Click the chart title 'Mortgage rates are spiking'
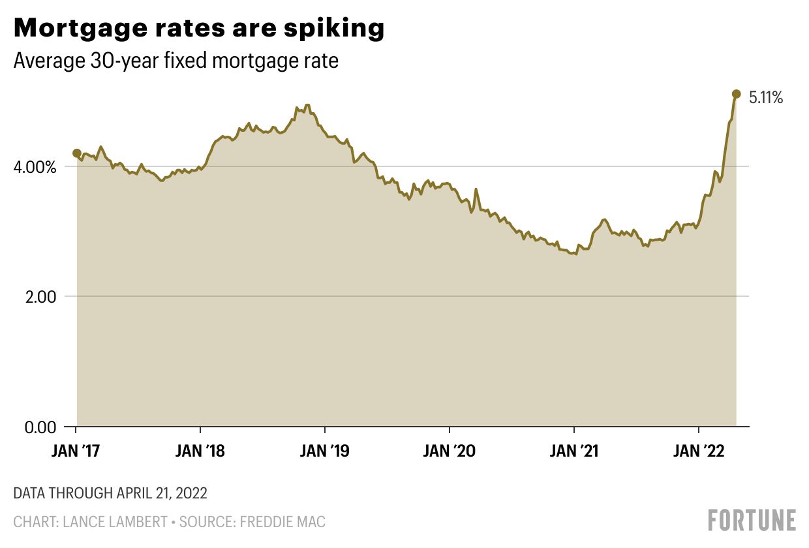[x=198, y=28]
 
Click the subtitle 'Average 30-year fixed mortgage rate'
[x=176, y=61]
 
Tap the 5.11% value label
[x=765, y=99]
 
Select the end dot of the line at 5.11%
[x=737, y=94]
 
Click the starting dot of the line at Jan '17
[x=77, y=153]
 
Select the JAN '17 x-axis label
[x=76, y=451]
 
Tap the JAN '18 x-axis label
[x=200, y=451]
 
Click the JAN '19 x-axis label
[x=325, y=451]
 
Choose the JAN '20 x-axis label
[x=450, y=451]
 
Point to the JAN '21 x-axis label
[x=574, y=451]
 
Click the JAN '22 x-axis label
[x=699, y=451]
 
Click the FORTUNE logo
[x=752, y=520]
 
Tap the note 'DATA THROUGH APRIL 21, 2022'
[x=110, y=493]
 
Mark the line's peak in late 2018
[x=307, y=105]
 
